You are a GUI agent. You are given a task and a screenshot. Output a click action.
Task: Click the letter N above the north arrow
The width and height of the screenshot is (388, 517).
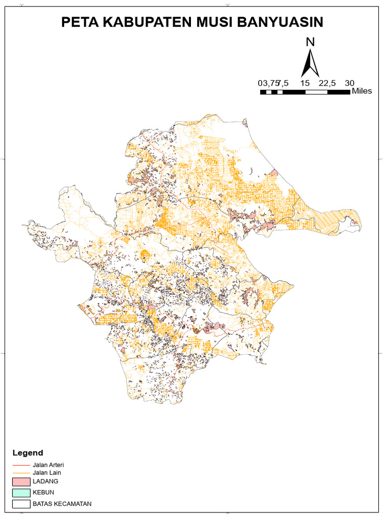click(310, 42)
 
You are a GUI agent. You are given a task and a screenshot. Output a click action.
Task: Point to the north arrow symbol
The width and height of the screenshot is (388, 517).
click(310, 63)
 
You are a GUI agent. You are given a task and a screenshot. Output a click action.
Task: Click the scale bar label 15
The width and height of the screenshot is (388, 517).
click(305, 83)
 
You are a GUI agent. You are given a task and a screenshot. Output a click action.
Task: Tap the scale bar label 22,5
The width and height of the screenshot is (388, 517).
click(327, 83)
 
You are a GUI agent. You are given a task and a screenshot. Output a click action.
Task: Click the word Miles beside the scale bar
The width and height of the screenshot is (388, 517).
click(362, 91)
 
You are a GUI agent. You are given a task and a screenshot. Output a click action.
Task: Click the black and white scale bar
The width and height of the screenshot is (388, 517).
click(305, 92)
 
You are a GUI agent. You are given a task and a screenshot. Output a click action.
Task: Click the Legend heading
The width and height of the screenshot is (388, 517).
click(28, 453)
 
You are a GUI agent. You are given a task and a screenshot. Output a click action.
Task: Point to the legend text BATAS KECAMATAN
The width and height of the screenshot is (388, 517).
click(62, 503)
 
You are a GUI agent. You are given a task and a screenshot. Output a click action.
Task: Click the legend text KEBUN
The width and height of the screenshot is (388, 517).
click(43, 492)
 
